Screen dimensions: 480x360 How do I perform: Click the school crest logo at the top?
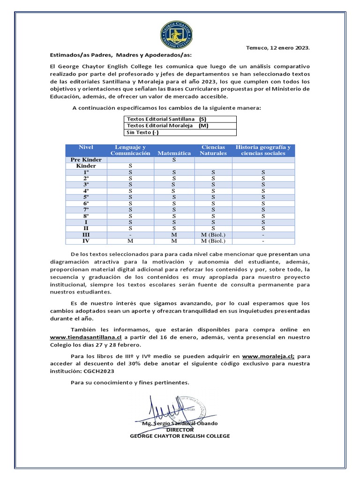(x=180, y=34)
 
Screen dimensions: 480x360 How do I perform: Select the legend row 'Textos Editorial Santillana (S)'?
(x=167, y=119)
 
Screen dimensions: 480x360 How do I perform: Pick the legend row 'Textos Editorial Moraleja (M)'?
(x=167, y=126)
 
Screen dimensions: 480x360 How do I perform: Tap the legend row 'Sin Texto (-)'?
(x=143, y=132)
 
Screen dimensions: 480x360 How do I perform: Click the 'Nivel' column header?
(x=86, y=147)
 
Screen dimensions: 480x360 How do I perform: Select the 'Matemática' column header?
(x=174, y=153)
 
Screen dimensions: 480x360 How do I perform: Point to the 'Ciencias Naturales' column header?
(x=213, y=150)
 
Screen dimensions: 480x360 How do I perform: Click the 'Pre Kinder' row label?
(x=86, y=160)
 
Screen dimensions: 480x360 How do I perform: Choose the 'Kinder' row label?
(x=86, y=166)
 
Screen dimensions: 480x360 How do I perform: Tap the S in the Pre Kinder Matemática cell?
(x=174, y=160)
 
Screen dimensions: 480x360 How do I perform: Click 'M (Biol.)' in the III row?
(x=213, y=235)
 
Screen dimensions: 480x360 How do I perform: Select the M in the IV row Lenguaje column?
(x=130, y=241)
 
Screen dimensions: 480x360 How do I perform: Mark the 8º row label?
(x=86, y=216)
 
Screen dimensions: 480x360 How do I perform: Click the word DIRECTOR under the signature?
(x=180, y=429)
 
